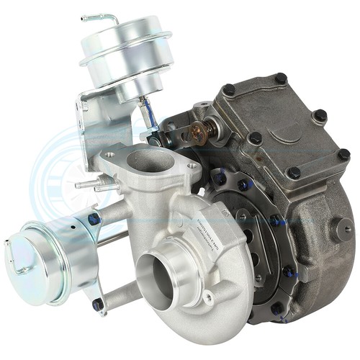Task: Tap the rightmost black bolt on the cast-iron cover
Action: coord(343,155)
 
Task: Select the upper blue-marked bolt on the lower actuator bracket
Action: coord(94,218)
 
